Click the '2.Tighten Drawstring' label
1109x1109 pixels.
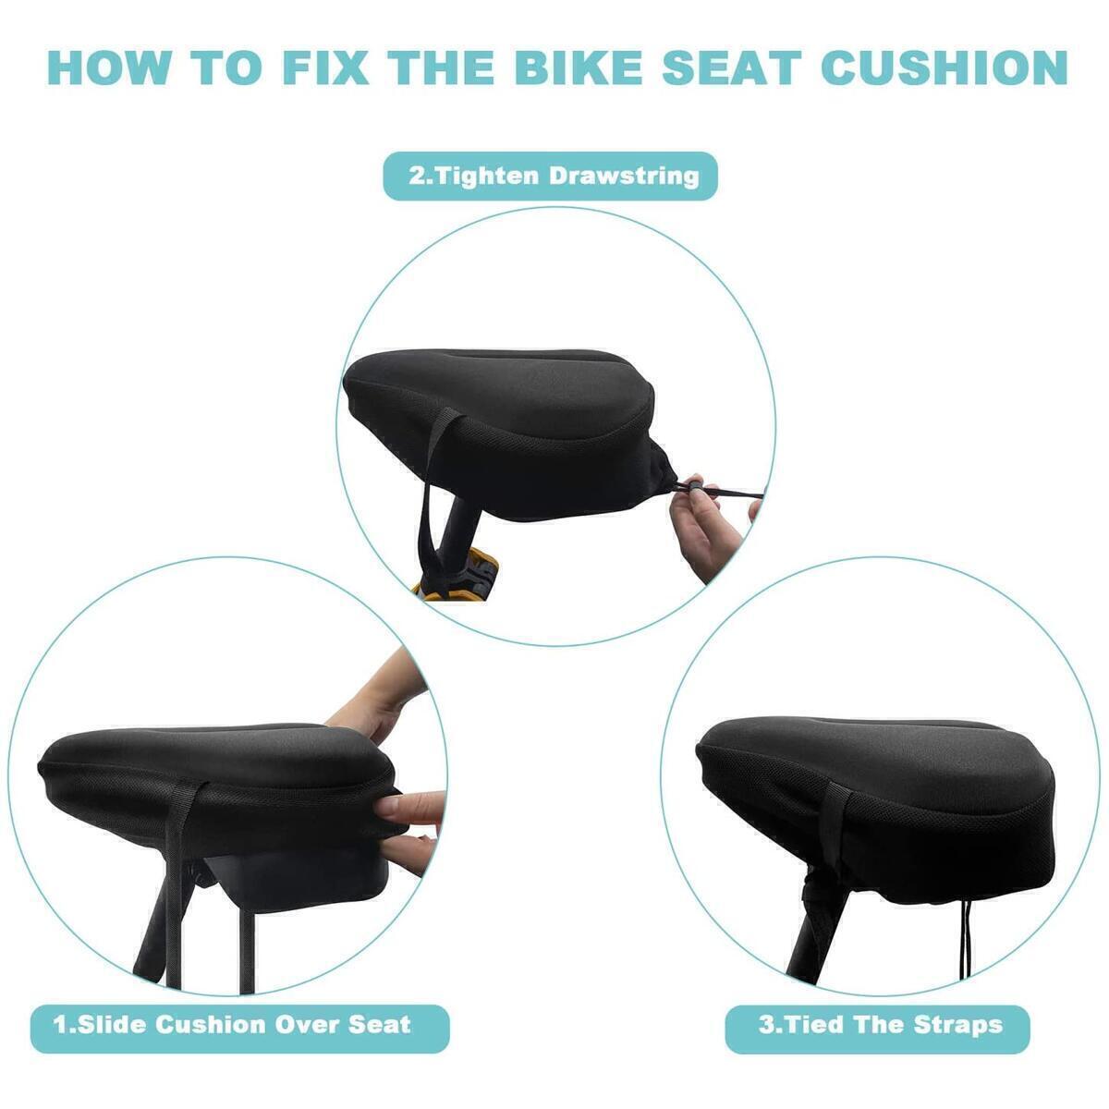(x=551, y=176)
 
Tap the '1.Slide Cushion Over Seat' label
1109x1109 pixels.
(x=232, y=1024)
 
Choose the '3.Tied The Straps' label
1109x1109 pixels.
(x=878, y=1024)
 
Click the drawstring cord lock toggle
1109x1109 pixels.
(x=689, y=485)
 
